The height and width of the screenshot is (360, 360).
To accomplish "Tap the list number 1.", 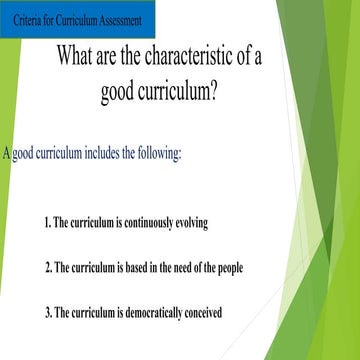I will (x=47, y=222).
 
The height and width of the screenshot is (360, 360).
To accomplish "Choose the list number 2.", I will (x=47, y=268).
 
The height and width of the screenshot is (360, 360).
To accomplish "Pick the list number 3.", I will (x=47, y=314).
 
